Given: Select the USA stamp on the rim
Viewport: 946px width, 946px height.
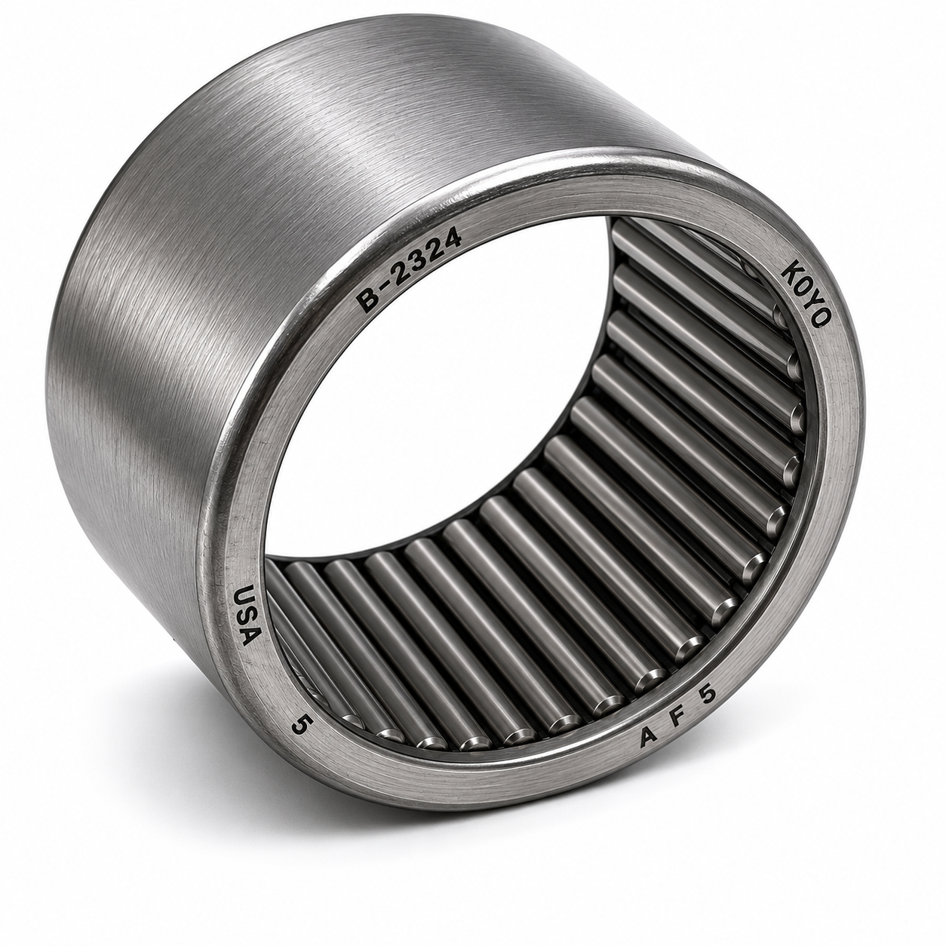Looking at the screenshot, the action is (245, 615).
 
